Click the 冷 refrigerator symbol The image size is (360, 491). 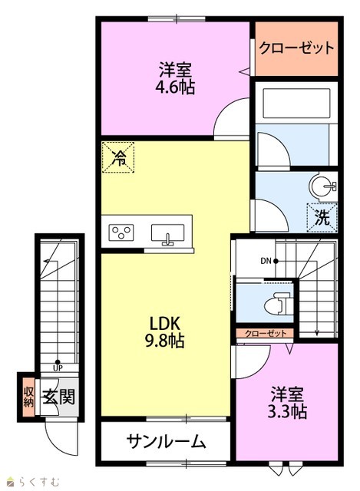pos(118,157)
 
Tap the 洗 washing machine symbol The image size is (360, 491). pos(322,218)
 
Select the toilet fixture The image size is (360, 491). pos(278,303)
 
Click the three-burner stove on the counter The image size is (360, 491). pos(121,232)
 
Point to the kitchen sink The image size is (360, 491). pos(167,234)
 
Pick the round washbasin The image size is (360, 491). pos(322,186)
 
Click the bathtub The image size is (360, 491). pos(296,104)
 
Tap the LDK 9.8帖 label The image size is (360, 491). pos(165,332)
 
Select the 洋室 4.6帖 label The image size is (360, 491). pos(175,78)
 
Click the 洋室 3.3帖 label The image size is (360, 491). pos(287,403)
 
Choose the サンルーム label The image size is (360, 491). pos(166,442)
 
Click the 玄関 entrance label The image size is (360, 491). pos(59,397)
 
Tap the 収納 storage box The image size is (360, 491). pos(28,397)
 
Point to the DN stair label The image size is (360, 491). pos(266,261)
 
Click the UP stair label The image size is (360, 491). pos(58,368)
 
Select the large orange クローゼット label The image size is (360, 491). pos(297,48)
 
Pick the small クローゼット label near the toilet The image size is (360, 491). pos(266,333)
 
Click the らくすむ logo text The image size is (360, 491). pos(38,481)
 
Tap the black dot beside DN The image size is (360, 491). pos(276,261)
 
